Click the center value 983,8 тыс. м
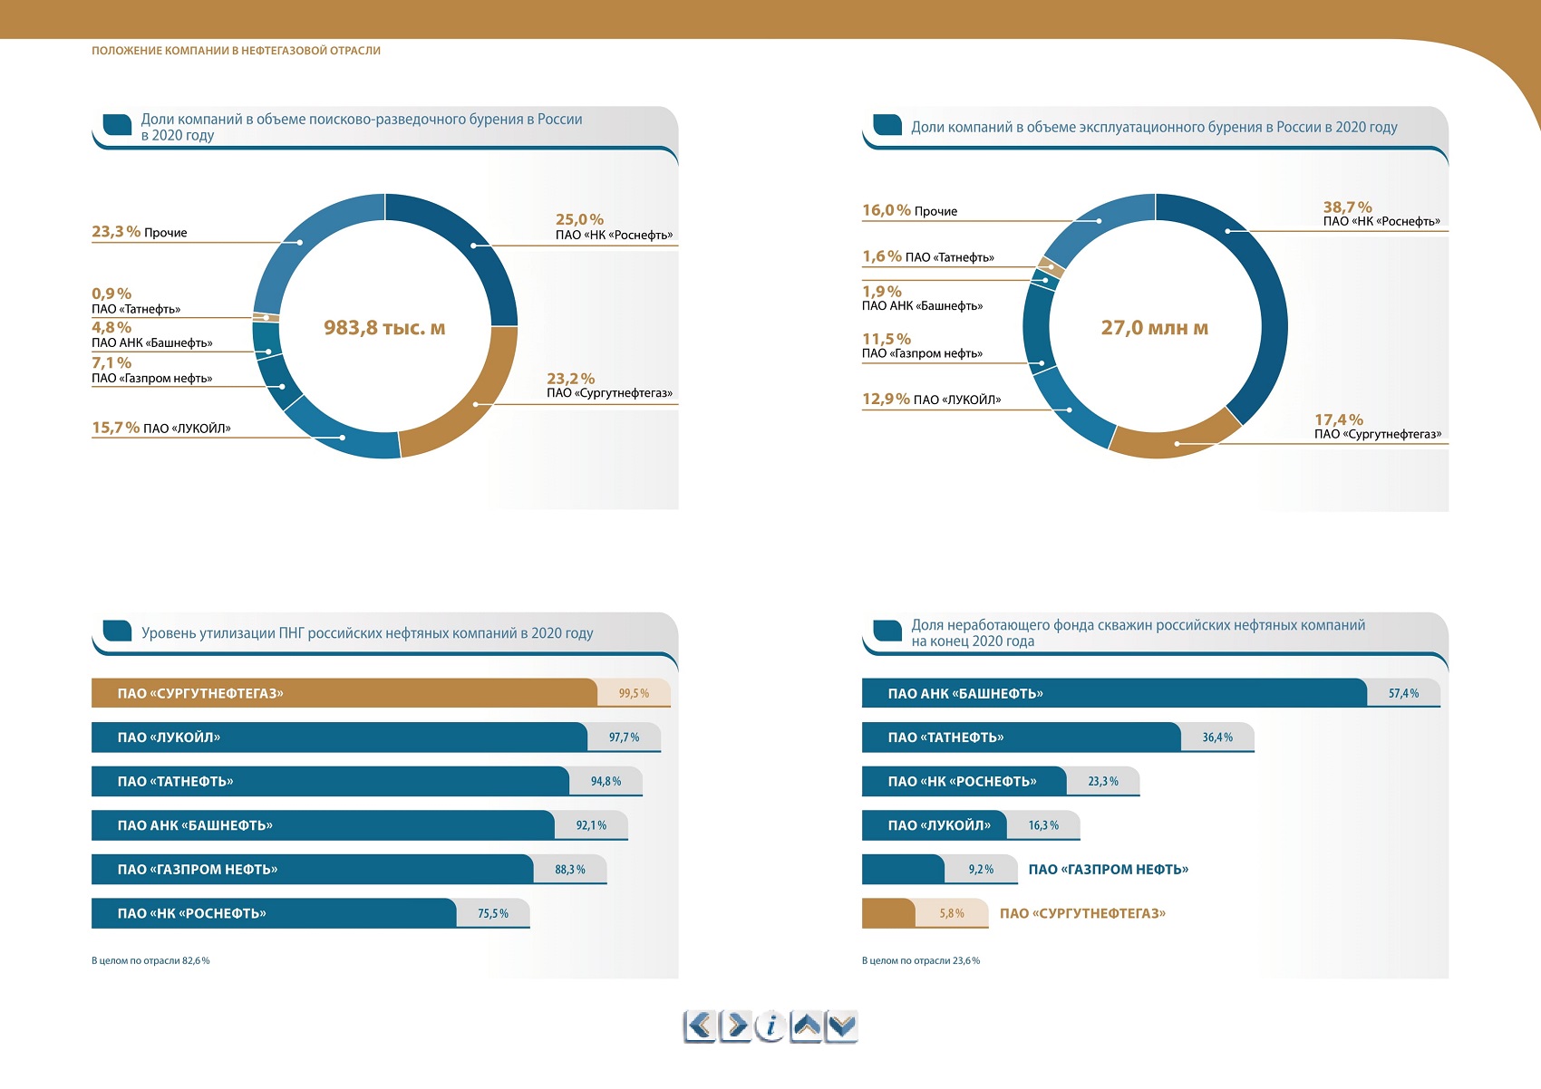pos(384,327)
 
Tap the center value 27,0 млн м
pos(1154,327)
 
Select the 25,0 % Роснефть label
pos(615,226)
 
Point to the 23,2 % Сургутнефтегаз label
pos(609,385)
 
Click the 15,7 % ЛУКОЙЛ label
pos(161,428)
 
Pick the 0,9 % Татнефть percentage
pos(111,294)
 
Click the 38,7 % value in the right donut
pos(1347,207)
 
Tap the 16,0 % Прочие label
pos(909,210)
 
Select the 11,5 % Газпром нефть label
pos(923,346)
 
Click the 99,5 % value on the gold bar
pos(634,693)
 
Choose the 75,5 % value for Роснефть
pos(493,913)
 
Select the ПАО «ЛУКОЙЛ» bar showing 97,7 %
pos(376,737)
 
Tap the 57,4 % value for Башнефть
pos(1403,693)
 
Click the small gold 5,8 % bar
pos(925,913)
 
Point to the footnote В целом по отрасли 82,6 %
pos(150,960)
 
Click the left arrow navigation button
pos(700,1026)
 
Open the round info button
pos(770,1026)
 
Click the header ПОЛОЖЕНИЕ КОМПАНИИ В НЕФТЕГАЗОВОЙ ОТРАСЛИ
pos(236,50)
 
